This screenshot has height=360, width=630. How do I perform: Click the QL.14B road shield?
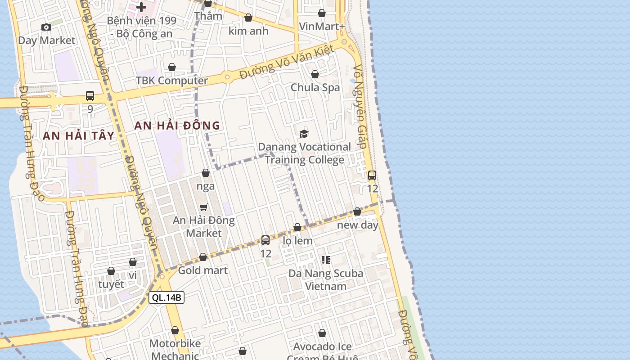(166, 297)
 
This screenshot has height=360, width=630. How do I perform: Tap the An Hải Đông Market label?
(204, 227)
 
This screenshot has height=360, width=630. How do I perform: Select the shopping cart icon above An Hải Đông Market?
(204, 207)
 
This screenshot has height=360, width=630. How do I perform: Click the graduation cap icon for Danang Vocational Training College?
(304, 134)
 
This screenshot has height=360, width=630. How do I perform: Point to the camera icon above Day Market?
(46, 27)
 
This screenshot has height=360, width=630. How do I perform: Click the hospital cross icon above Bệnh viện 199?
(141, 7)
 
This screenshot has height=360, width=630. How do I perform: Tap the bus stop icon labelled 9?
(90, 96)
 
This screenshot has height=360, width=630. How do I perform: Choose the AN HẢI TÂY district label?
(79, 135)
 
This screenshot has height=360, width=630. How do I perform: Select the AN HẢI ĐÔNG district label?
(177, 126)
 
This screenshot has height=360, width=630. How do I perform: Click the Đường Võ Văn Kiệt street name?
(286, 62)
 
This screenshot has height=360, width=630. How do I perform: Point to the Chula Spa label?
(315, 87)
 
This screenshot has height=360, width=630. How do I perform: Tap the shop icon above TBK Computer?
(172, 67)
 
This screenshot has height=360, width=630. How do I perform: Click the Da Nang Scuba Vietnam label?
(326, 279)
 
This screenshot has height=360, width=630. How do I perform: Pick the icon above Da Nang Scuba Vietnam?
(326, 260)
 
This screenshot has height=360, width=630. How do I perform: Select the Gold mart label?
(203, 270)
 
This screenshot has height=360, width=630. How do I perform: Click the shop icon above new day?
(357, 211)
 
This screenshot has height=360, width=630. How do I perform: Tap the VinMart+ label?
(322, 27)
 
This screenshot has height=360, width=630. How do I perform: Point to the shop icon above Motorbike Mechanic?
(175, 331)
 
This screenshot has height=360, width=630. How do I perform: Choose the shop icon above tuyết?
(111, 271)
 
